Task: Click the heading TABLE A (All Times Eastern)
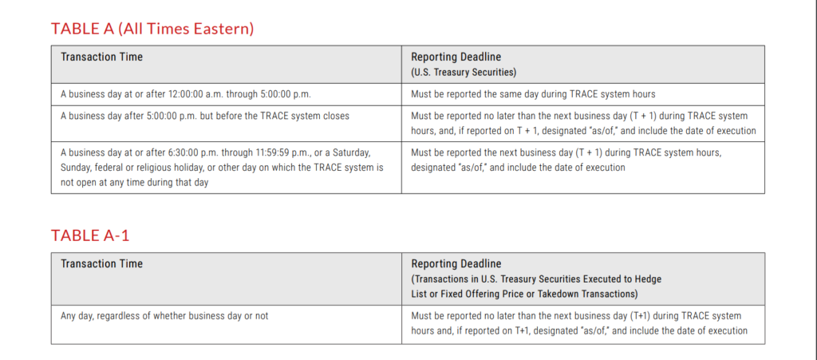tap(152, 29)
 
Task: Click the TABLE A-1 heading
tap(90, 235)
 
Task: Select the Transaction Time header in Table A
tap(101, 57)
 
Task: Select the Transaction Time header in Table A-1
tap(101, 263)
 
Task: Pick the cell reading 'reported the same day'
tap(533, 94)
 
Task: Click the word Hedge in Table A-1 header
tap(648, 279)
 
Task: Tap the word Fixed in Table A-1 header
tap(448, 293)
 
